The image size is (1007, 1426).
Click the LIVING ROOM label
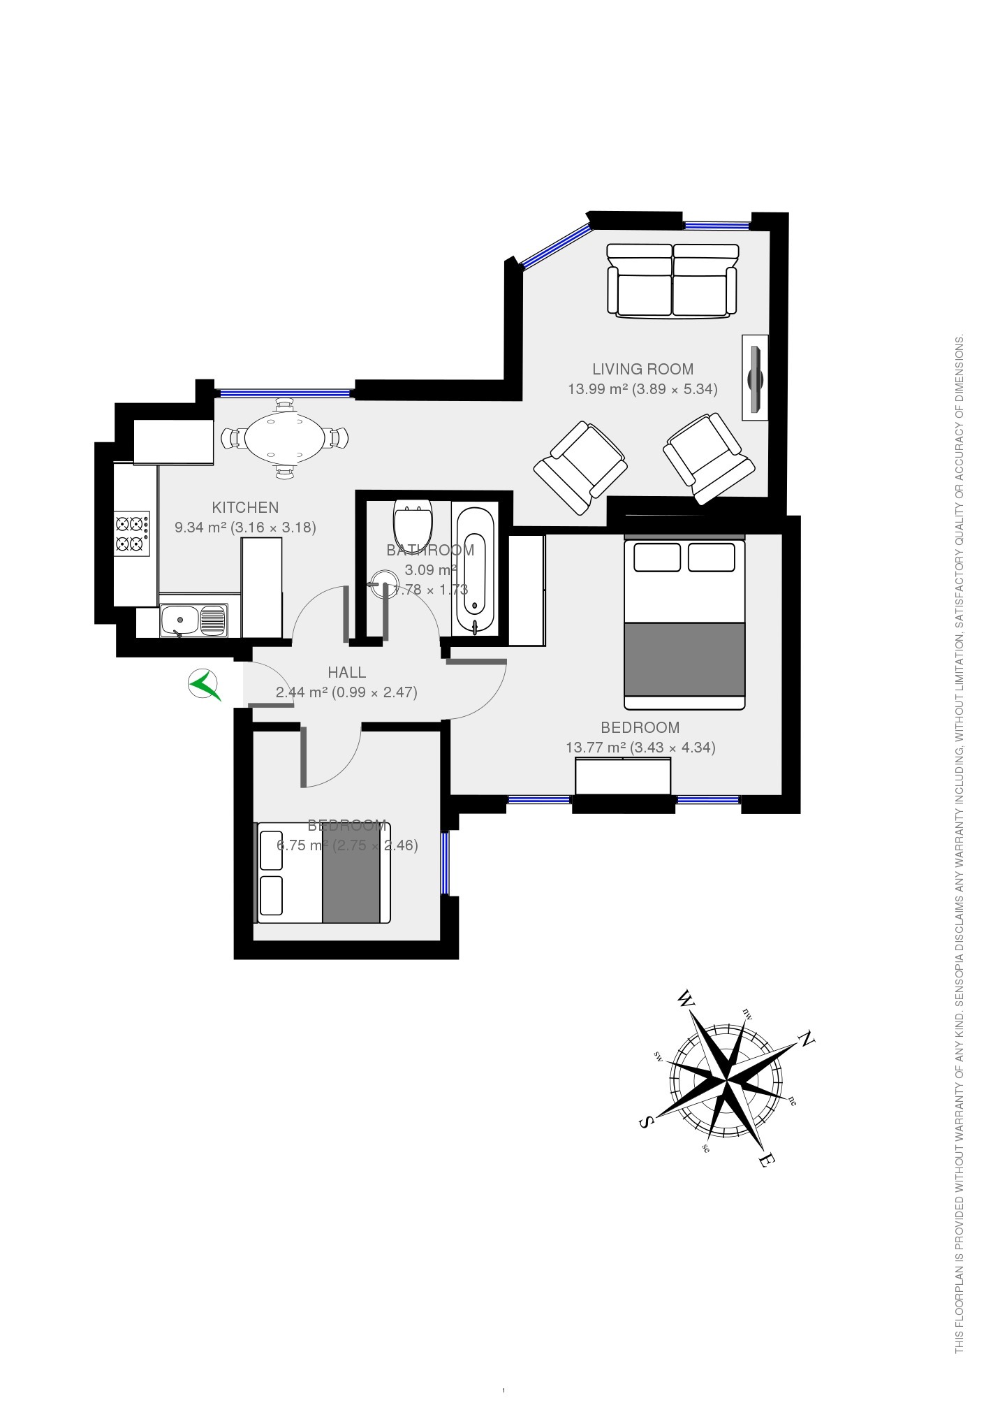pyautogui.click(x=642, y=369)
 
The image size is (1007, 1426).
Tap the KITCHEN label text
pyautogui.click(x=245, y=507)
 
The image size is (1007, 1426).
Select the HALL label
pyautogui.click(x=347, y=672)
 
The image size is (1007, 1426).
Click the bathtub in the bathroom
pyautogui.click(x=475, y=569)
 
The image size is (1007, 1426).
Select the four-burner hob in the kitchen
pyautogui.click(x=132, y=534)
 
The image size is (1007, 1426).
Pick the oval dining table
pyautogui.click(x=285, y=438)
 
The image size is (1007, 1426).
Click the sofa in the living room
pyautogui.click(x=672, y=281)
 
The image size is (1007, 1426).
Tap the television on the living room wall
pyautogui.click(x=755, y=378)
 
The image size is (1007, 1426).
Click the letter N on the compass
pyautogui.click(x=807, y=1039)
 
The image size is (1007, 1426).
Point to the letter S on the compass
pyautogui.click(x=646, y=1121)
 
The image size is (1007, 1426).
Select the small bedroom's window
pyautogui.click(x=445, y=863)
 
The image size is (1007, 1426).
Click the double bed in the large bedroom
pyautogui.click(x=684, y=622)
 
